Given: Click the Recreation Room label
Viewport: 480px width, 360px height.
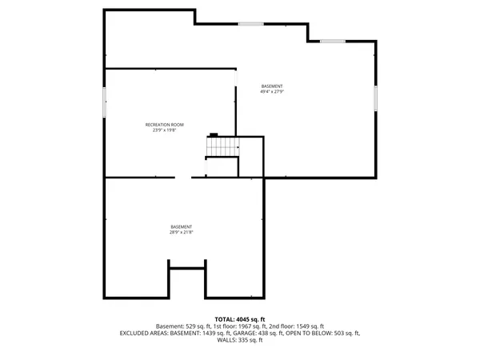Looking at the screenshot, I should pyautogui.click(x=165, y=125).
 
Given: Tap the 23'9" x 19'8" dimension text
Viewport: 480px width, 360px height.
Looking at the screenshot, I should pyautogui.click(x=165, y=130).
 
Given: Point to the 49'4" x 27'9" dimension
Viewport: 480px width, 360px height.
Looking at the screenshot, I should pyautogui.click(x=272, y=92).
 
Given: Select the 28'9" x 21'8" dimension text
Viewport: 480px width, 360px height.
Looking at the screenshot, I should pyautogui.click(x=182, y=233).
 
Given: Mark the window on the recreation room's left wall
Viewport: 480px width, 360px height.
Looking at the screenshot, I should pyautogui.click(x=104, y=104).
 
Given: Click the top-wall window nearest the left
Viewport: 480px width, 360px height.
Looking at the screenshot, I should pyautogui.click(x=250, y=24).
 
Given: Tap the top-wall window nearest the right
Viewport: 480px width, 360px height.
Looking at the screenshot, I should pyautogui.click(x=333, y=41).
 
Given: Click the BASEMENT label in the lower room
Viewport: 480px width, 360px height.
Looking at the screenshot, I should pyautogui.click(x=182, y=227).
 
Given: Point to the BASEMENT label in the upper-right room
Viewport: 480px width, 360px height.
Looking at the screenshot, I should pyautogui.click(x=272, y=86).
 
